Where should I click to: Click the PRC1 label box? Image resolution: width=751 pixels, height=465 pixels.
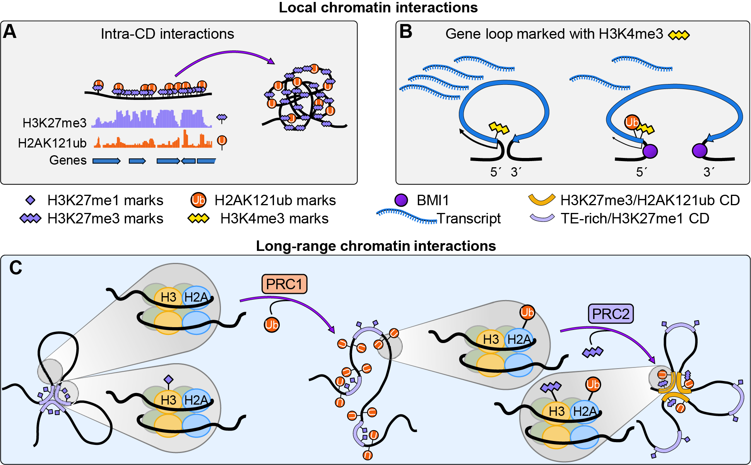pos(284,284)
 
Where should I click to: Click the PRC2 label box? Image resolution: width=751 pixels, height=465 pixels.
pos(611,314)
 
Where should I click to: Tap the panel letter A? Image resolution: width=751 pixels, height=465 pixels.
pos(10,32)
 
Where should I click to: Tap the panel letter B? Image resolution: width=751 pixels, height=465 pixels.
pos(405,32)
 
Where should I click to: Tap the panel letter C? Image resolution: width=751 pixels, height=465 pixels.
pos(15,268)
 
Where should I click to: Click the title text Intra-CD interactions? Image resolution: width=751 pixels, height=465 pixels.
pos(167,34)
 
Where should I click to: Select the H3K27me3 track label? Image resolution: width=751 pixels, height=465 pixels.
pos(55,123)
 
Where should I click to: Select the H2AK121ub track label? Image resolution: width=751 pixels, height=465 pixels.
pos(52,143)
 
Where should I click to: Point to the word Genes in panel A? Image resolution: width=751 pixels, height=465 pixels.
pos(68,160)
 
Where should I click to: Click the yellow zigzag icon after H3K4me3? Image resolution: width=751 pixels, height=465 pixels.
pos(679,35)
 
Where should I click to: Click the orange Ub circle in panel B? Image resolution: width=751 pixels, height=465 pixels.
pos(632,122)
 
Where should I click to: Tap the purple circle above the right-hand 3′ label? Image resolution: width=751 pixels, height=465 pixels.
pos(700,150)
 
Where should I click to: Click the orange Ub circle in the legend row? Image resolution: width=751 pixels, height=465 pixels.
pos(198,200)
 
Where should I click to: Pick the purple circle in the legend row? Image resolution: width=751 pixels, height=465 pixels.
pos(401,200)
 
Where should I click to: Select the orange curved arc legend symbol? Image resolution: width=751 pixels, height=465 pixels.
pos(542,199)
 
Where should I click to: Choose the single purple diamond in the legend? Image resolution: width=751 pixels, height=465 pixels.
pos(30,200)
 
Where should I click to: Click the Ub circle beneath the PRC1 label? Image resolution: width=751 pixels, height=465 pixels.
pos(272,324)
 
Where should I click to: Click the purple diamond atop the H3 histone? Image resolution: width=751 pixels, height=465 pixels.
pos(168,379)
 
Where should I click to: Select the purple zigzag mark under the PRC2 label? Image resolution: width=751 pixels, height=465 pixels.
pos(593,352)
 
